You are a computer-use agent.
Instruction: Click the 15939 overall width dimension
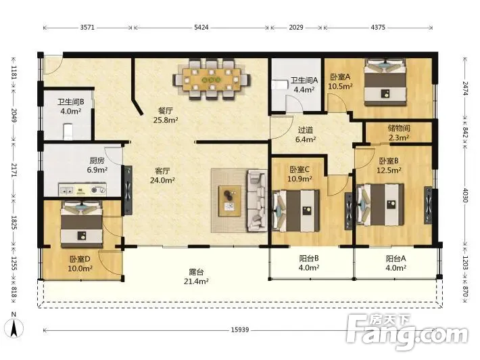[x=240, y=330]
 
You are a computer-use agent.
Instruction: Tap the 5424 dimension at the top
[x=201, y=27]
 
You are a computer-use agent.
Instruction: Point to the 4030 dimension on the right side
[x=465, y=196]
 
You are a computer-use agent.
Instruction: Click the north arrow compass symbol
[x=14, y=328]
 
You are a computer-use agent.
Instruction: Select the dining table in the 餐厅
[x=211, y=79]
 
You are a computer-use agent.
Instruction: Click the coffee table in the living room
[x=230, y=201]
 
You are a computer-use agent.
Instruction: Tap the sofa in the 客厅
[x=256, y=200]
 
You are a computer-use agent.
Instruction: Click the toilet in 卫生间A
[x=279, y=85]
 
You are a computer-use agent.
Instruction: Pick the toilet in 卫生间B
[x=68, y=131]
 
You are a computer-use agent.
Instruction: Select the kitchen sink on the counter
[x=67, y=189]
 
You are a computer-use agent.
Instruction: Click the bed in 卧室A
[x=385, y=82]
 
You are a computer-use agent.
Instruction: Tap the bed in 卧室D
[x=81, y=225]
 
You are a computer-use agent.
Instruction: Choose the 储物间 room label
[x=399, y=128]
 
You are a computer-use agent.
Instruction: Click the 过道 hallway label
[x=305, y=130]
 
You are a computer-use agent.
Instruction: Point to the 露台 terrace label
[x=196, y=272]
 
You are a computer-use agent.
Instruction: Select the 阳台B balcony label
[x=309, y=258]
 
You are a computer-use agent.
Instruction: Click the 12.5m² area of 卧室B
[x=389, y=170]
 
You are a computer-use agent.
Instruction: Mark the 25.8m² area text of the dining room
[x=166, y=120]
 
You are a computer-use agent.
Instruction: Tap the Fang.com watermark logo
[x=407, y=332]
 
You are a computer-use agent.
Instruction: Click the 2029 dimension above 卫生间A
[x=296, y=27]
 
